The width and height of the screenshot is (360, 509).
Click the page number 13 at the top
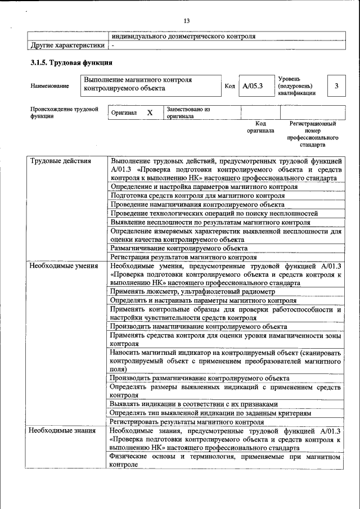(x=186, y=21)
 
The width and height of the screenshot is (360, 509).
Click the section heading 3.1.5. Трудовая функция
(x=70, y=63)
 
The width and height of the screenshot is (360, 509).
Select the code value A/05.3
(x=253, y=86)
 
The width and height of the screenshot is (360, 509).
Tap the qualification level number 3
(x=336, y=86)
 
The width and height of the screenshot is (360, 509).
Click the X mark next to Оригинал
(x=150, y=112)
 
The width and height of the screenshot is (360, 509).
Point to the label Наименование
(x=50, y=86)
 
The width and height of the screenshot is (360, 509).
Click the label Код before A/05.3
(x=229, y=86)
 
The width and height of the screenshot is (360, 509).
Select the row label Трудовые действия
(x=60, y=161)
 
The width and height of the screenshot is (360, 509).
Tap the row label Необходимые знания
(x=62, y=431)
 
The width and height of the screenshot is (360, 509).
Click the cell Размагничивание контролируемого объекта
(x=179, y=248)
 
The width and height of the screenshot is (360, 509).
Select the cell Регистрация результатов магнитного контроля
(x=183, y=256)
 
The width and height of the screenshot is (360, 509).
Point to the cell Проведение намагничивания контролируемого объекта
(x=197, y=205)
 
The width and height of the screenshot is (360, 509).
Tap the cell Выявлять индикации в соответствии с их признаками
(x=194, y=404)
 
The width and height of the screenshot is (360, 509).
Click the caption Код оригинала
(x=260, y=127)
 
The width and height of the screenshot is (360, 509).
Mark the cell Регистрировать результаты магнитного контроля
(x=187, y=421)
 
